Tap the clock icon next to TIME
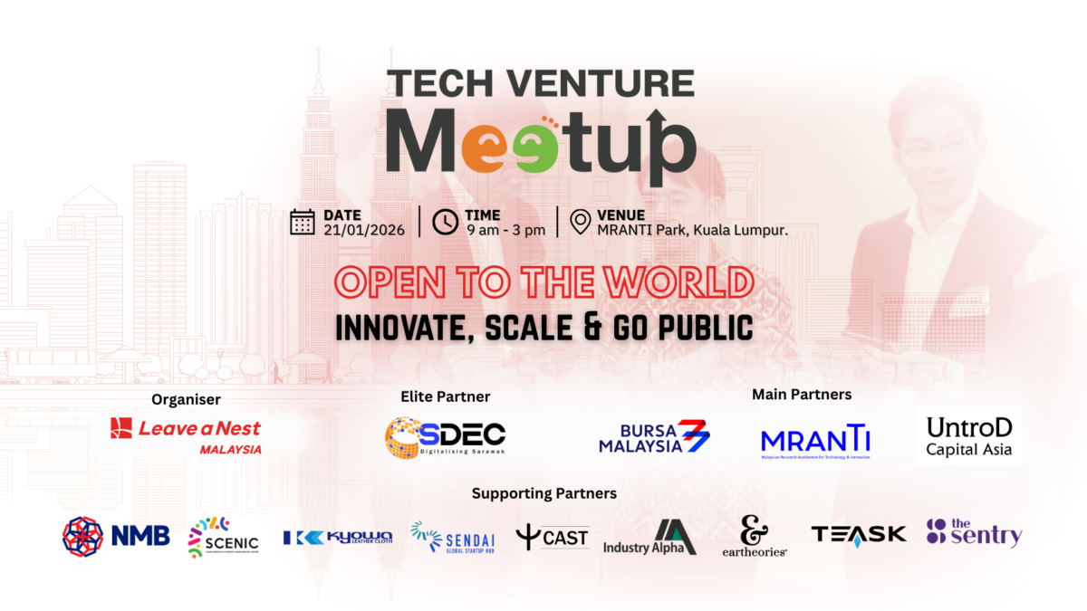445,222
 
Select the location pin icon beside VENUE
581,222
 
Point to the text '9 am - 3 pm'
505,230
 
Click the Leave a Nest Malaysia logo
186,434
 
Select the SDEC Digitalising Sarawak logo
445,437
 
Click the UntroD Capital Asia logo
968,436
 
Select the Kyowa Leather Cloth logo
337,538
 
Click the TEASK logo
858,534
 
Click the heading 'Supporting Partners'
543,493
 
